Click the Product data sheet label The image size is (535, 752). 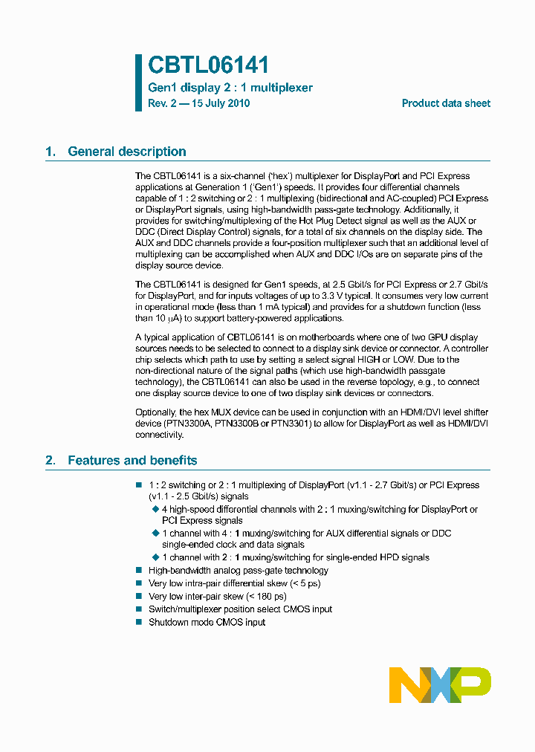[x=446, y=103]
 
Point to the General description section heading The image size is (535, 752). [x=126, y=152]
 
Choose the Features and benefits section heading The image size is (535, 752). [x=132, y=461]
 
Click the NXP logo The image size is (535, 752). [x=440, y=684]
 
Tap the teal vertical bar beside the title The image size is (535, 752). [x=138, y=82]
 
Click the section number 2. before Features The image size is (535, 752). [x=51, y=461]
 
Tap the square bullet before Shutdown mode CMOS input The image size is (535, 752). [x=138, y=622]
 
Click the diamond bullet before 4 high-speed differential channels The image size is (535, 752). [x=155, y=509]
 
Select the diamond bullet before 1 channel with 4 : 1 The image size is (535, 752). [x=155, y=534]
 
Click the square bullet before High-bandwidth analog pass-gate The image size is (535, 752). [x=138, y=571]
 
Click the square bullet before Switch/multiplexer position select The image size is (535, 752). [x=138, y=609]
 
